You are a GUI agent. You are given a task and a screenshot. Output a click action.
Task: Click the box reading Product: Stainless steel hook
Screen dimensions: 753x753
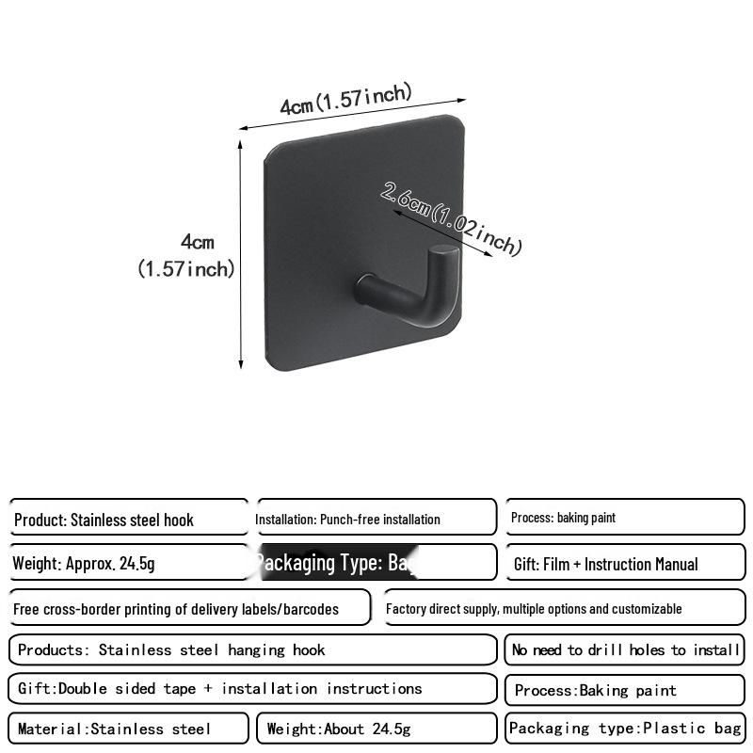(x=129, y=519)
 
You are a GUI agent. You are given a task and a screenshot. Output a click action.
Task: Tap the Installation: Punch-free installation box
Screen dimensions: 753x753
(x=376, y=518)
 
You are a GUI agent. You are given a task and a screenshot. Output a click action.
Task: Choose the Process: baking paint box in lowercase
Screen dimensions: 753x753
(x=624, y=518)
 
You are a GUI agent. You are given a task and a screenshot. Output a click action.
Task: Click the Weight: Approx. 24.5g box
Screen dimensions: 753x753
(x=129, y=563)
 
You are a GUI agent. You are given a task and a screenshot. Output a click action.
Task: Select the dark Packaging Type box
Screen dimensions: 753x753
(x=376, y=563)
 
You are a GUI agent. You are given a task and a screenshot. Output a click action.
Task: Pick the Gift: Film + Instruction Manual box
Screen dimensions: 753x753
(x=624, y=563)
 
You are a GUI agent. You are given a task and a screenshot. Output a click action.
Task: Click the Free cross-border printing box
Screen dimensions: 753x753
(x=189, y=608)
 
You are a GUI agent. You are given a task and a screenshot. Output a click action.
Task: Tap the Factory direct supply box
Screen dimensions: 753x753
(x=564, y=608)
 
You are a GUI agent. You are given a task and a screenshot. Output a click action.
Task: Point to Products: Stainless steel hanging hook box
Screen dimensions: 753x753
(x=251, y=649)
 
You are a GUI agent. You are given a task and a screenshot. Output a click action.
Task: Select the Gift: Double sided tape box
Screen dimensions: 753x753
(x=251, y=689)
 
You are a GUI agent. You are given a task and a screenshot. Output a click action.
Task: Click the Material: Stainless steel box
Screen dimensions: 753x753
(x=129, y=729)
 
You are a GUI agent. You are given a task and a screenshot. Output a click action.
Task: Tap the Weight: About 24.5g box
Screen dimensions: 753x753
(x=376, y=729)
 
